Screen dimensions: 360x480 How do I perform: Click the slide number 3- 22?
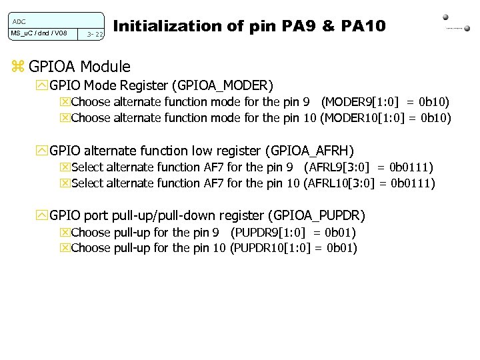[95, 34]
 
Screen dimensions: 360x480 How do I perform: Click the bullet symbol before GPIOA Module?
[18, 67]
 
